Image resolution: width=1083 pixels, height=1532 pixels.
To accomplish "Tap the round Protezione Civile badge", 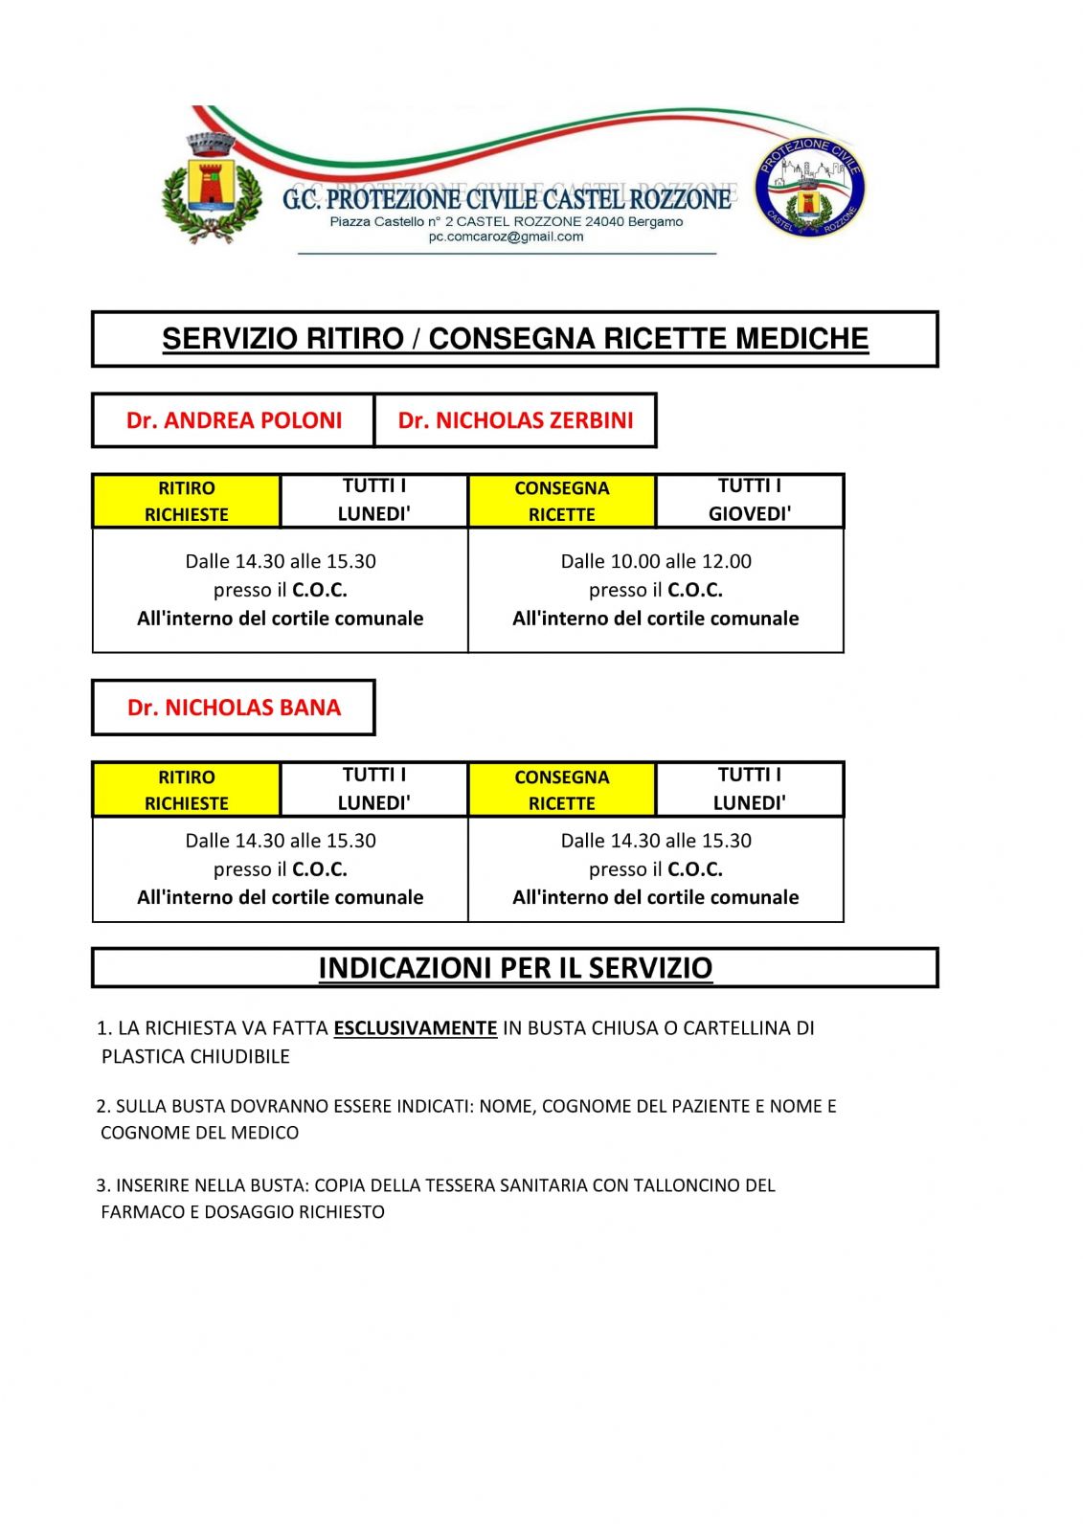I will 810,188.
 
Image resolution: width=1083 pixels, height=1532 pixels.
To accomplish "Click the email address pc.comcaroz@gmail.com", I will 506,237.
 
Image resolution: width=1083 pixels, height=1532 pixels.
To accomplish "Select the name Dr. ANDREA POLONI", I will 234,420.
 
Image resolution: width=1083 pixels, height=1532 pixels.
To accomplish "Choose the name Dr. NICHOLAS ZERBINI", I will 515,420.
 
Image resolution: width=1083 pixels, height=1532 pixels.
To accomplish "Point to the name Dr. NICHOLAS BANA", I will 234,708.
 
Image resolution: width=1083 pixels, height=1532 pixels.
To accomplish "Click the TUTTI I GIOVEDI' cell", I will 750,500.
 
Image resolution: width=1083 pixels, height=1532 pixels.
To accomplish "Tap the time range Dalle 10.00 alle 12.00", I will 656,561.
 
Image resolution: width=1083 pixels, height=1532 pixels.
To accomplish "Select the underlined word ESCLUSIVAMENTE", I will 415,1028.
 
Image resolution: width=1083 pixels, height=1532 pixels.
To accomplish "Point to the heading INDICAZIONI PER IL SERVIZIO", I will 515,968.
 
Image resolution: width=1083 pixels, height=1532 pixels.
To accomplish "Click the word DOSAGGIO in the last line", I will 249,1212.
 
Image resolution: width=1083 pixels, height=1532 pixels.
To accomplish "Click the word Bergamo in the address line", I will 656,222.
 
